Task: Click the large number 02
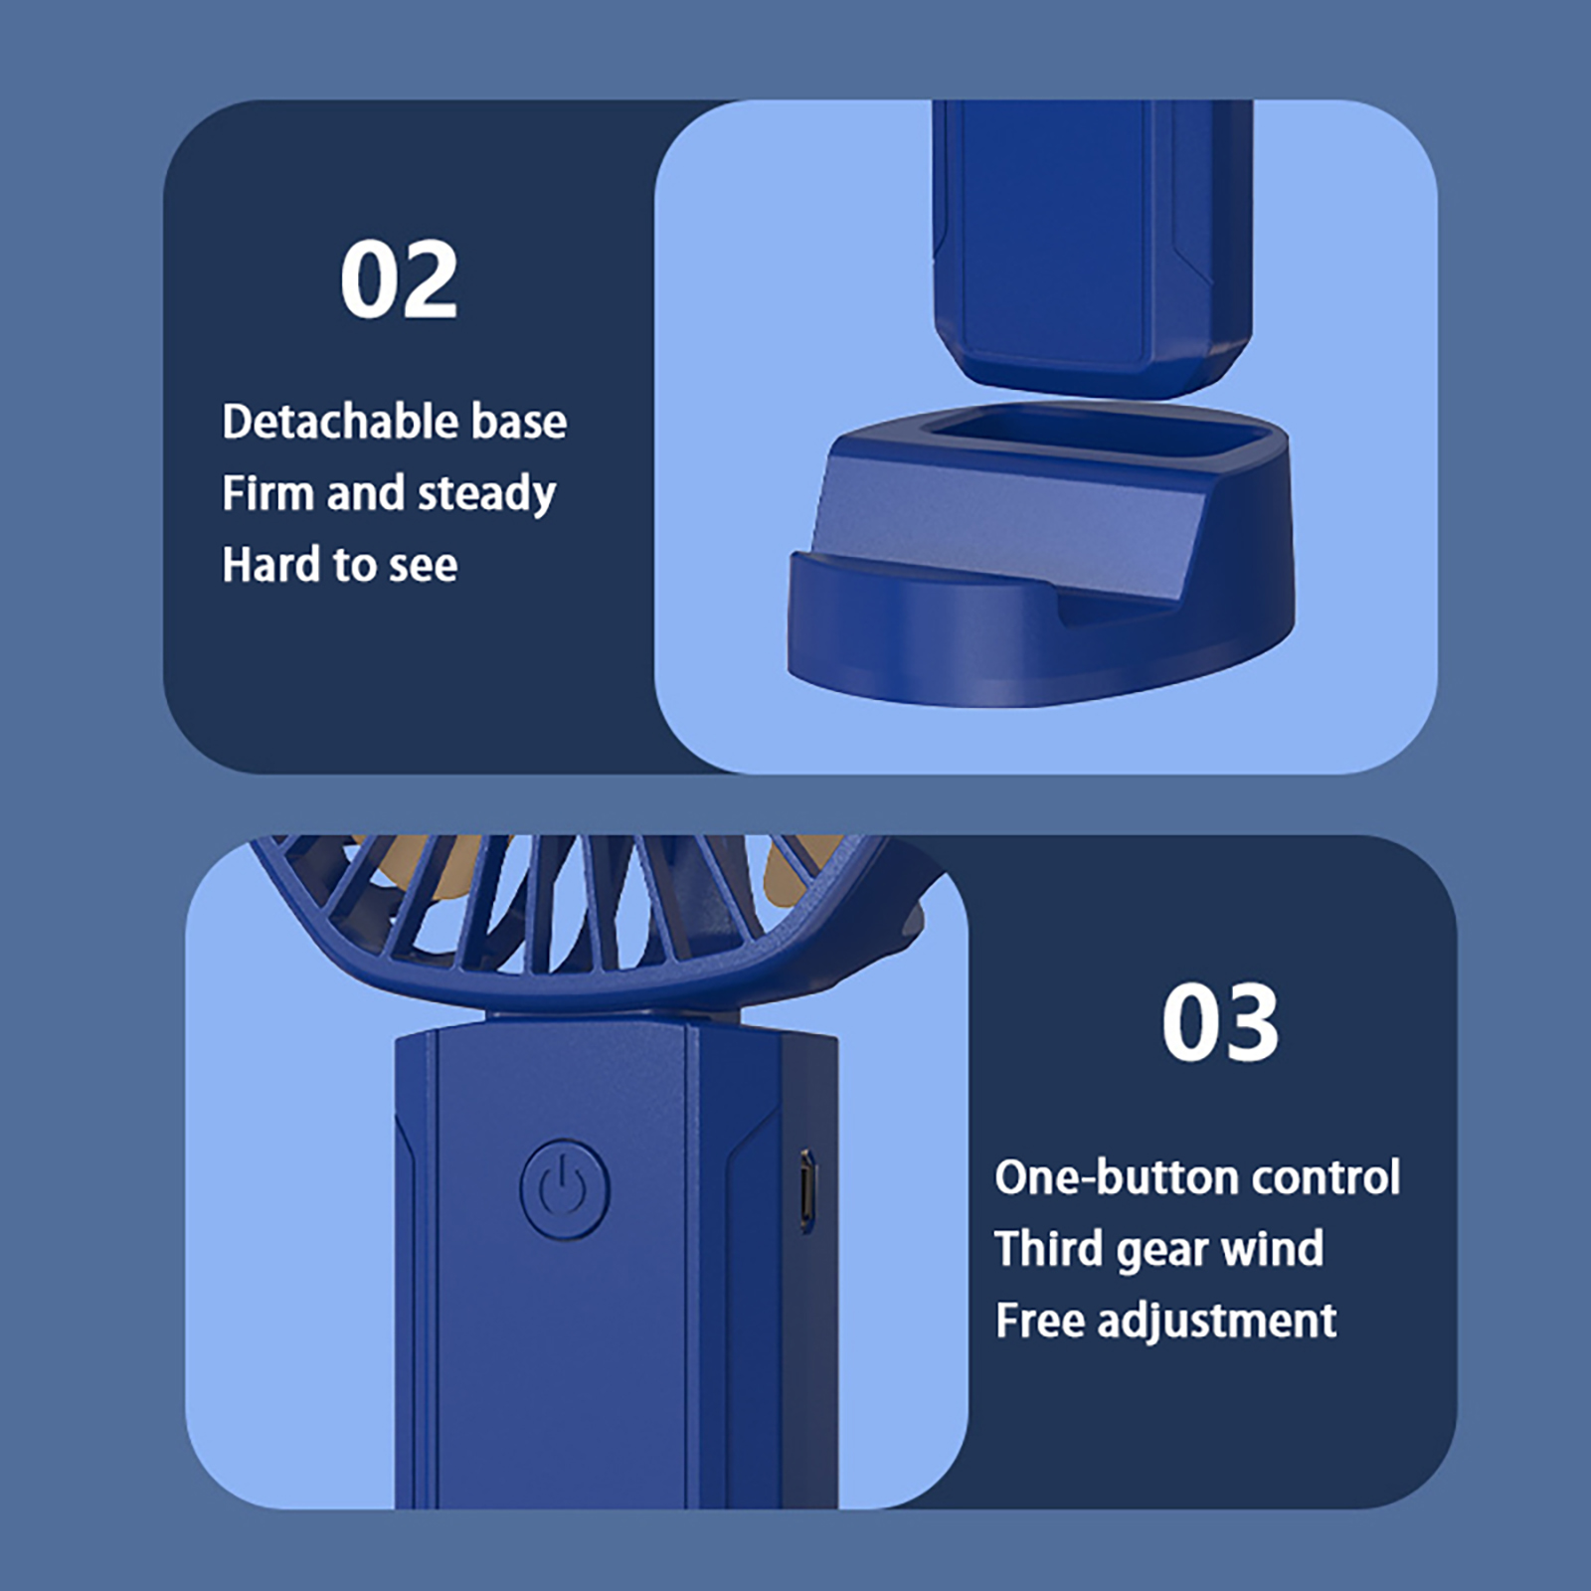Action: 399,280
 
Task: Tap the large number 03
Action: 1220,1022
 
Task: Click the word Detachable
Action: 339,422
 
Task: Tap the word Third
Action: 1049,1249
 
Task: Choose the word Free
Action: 1039,1321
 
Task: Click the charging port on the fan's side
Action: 807,1191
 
